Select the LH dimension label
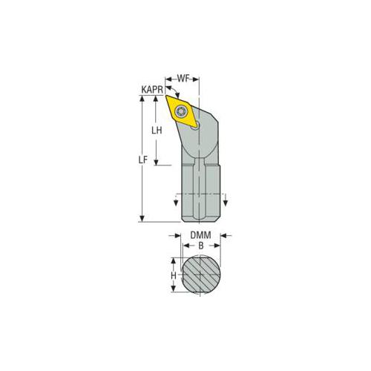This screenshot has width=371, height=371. (156, 130)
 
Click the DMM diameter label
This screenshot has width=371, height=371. (198, 234)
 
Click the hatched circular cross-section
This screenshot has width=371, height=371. (200, 276)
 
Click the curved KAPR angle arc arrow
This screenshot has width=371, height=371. (169, 88)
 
